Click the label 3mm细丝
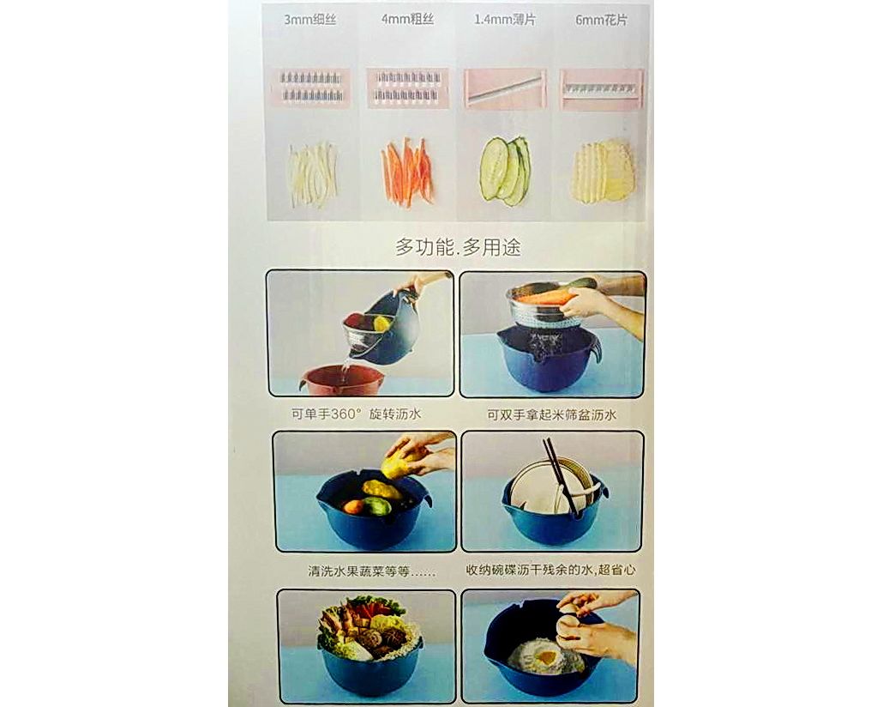coord(309,20)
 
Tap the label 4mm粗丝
coord(408,19)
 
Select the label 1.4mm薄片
coord(505,20)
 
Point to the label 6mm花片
coord(601,20)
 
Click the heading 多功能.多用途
coord(458,247)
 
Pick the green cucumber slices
coord(505,170)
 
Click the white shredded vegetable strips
coord(313,175)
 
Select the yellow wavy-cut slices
coord(603,171)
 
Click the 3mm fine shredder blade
coord(311,87)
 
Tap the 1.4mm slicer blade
coord(505,88)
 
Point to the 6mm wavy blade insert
coord(602,88)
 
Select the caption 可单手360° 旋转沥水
coord(356,414)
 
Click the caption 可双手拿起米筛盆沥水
coord(552,415)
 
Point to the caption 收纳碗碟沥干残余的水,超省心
coord(550,570)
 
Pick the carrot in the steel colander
coord(546,296)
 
